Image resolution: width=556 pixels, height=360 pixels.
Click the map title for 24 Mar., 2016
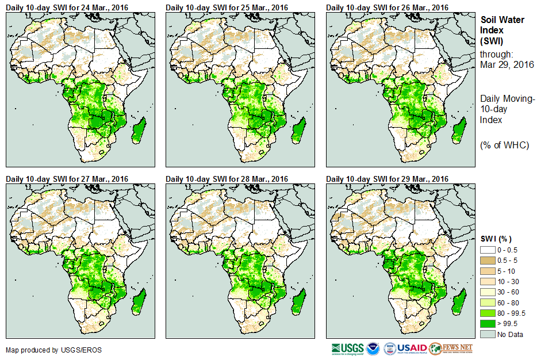67,7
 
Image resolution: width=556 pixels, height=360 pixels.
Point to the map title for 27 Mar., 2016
67,179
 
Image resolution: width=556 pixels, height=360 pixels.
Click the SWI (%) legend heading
496,239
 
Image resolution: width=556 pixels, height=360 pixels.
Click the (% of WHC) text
504,145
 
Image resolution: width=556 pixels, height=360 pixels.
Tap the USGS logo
348,348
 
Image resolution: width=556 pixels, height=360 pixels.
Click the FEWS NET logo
451,348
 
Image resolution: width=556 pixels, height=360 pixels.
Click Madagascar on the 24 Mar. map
138,128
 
